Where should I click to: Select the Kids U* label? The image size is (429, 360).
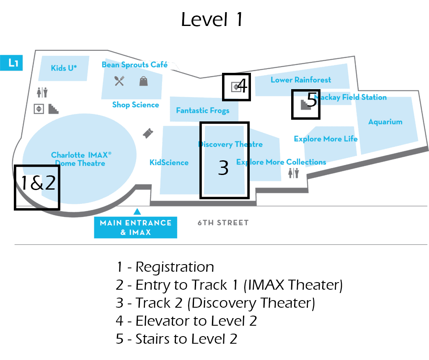[x=64, y=67]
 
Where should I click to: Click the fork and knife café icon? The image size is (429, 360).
[x=119, y=81]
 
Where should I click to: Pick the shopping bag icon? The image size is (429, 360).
[x=144, y=81]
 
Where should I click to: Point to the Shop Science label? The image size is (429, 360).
[x=135, y=105]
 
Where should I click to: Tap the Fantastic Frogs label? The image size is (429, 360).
[x=202, y=111]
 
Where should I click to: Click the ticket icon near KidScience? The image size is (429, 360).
[x=147, y=133]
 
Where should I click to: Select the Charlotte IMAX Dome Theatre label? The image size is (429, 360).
[x=81, y=159]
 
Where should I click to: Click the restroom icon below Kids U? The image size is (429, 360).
[x=42, y=93]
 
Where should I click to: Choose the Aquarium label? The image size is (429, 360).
[x=385, y=122]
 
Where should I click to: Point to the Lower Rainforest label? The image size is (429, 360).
[x=300, y=80]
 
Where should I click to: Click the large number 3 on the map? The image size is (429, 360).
[x=224, y=168]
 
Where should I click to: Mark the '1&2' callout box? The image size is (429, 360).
[x=37, y=187]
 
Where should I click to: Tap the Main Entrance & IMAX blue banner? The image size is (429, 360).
[x=135, y=227]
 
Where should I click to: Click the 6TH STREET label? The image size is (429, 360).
[x=223, y=223]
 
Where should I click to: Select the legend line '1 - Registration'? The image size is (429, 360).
[x=165, y=267]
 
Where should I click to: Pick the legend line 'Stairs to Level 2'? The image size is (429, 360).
[x=176, y=339]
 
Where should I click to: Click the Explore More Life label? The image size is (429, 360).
[x=326, y=139]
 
